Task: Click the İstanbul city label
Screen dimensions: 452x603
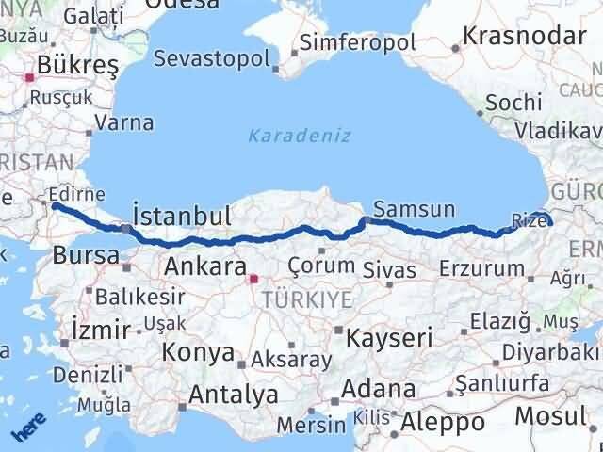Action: (183, 216)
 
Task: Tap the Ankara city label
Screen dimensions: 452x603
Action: (205, 266)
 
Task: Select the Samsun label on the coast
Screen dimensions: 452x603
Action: (414, 209)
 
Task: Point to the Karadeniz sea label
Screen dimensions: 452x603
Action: (300, 136)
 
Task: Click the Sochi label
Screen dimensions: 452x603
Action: (514, 103)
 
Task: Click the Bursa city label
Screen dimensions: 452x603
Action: (85, 254)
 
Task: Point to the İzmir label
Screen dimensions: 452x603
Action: (100, 330)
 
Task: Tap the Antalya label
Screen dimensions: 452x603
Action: (233, 394)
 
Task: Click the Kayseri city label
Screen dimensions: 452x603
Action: (389, 337)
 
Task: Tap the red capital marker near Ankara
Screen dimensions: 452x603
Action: (252, 278)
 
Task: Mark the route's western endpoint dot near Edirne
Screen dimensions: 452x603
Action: (55, 205)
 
